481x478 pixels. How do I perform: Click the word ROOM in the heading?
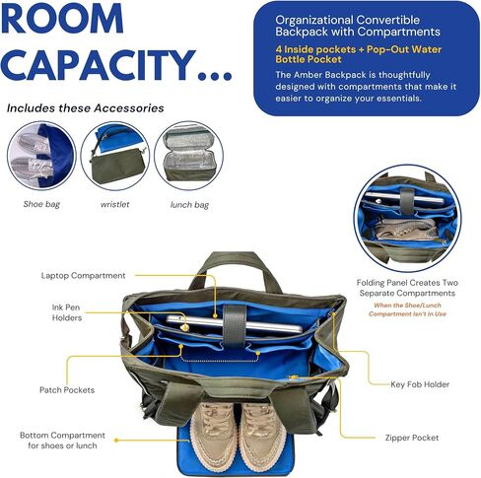[x=62, y=18]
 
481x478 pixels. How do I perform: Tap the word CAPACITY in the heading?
[x=99, y=65]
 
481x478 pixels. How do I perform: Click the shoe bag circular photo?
[x=41, y=156]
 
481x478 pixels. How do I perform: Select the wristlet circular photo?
[x=115, y=156]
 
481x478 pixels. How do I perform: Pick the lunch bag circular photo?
[x=189, y=156]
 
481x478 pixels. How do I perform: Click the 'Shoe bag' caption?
[x=41, y=204]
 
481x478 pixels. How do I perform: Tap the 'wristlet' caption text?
[x=115, y=204]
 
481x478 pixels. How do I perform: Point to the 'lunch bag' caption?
[x=189, y=205]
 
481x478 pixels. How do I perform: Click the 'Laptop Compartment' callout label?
[x=83, y=276]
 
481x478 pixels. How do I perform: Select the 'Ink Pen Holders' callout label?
[x=67, y=312]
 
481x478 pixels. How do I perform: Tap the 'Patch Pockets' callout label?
[x=67, y=390]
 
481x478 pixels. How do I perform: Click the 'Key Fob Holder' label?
[x=420, y=384]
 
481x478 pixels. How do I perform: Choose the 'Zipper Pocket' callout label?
[x=412, y=438]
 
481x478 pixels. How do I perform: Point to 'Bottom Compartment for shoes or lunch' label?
[x=62, y=441]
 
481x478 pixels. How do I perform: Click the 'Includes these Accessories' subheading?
[x=86, y=108]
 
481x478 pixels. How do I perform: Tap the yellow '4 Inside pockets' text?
[x=315, y=49]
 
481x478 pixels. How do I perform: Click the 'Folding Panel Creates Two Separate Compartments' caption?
[x=407, y=288]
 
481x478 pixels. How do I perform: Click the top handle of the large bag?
[x=236, y=263]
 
